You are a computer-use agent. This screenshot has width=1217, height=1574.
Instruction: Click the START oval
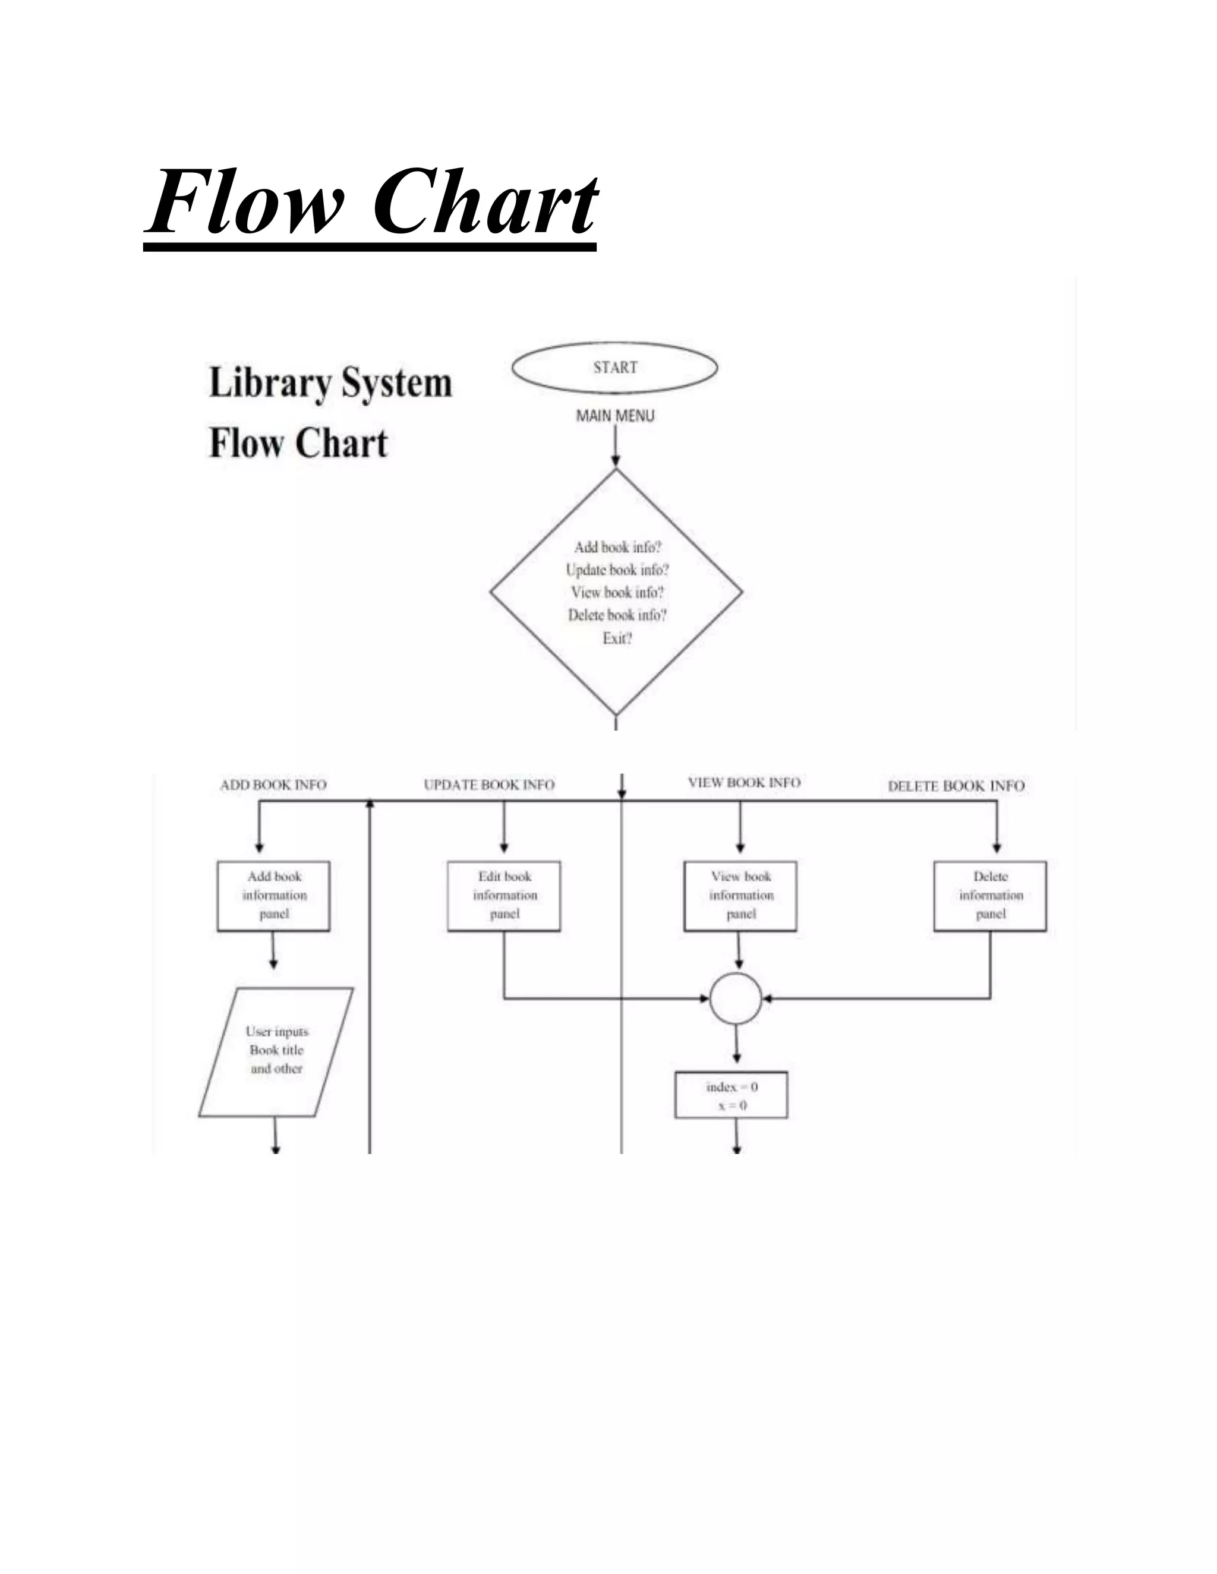[x=614, y=368]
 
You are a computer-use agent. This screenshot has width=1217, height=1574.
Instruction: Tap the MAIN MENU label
[x=615, y=416]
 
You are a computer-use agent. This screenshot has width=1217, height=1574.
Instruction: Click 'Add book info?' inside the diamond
[x=617, y=547]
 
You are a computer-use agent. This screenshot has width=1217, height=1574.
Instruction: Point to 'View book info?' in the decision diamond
[x=617, y=592]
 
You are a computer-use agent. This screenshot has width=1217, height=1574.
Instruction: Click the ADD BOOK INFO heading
[x=273, y=785]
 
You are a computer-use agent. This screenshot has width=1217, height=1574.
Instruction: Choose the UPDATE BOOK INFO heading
[x=489, y=785]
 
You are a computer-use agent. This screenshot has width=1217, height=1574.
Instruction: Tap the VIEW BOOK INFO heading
[x=744, y=783]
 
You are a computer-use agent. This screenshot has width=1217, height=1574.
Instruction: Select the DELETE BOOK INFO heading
[x=956, y=786]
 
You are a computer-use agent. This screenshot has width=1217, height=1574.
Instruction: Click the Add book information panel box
[x=274, y=895]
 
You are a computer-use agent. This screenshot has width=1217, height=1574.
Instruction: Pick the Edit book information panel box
[x=504, y=895]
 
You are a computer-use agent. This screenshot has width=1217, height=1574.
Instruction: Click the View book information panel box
[x=740, y=895]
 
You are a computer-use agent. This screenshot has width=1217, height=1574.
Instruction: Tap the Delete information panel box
[x=990, y=895]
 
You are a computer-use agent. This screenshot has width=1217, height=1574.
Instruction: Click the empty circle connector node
[x=736, y=999]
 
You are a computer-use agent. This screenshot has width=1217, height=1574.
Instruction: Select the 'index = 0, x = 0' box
[x=731, y=1095]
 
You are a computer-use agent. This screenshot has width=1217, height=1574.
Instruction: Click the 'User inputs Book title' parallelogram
[x=276, y=1051]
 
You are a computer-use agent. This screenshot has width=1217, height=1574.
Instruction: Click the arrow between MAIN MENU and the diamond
[x=616, y=447]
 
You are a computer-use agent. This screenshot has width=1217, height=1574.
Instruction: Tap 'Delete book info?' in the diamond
[x=617, y=615]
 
